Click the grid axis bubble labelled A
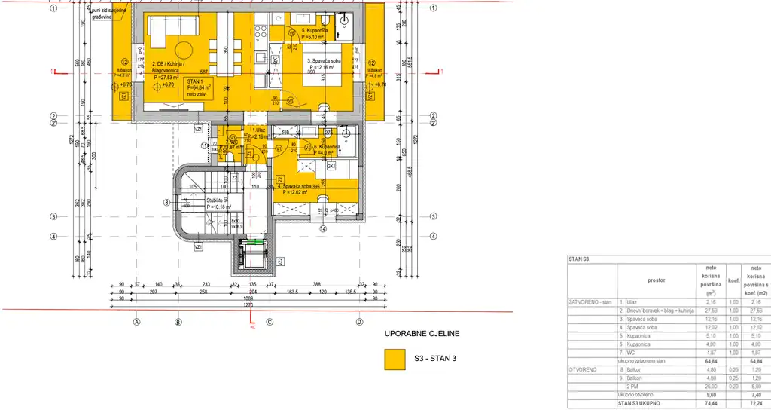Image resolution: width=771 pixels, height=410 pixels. coord(136,321)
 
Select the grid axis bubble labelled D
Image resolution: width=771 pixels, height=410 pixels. coord(358,321)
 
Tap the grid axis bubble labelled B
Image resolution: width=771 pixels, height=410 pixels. coord(178,321)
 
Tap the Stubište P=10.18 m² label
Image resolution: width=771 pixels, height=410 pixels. coord(219,203)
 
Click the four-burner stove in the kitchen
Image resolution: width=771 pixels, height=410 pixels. coord(261,32)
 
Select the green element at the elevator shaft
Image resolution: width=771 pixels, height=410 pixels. coord(258,242)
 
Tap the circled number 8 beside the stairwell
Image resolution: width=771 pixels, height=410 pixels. coord(167,202)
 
